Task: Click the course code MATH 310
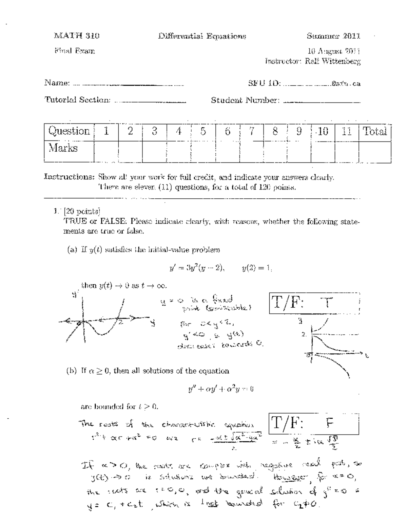(x=77, y=36)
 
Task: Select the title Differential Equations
(x=202, y=36)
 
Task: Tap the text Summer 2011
(x=333, y=36)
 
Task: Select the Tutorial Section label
(x=78, y=100)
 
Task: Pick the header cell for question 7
(x=252, y=131)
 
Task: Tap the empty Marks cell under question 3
(x=154, y=151)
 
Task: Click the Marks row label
(x=63, y=148)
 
